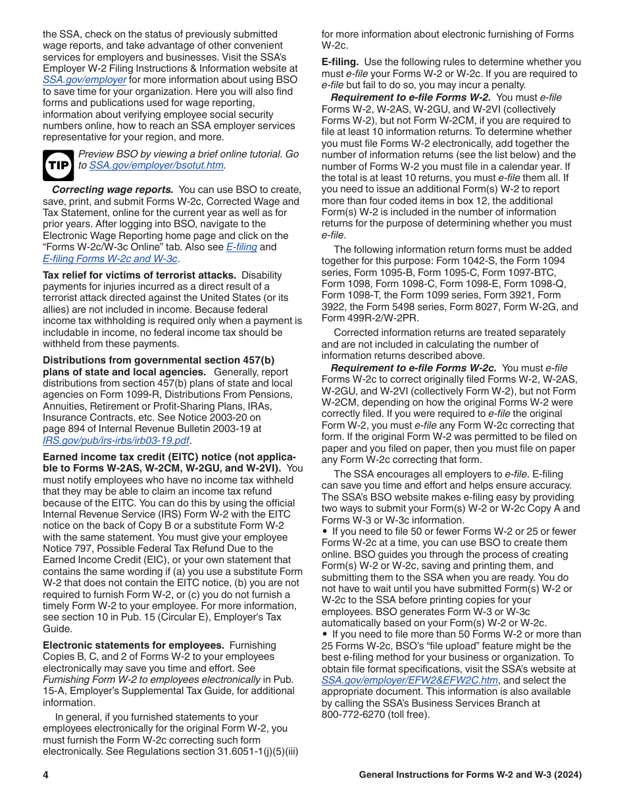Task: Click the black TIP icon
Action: pyautogui.click(x=58, y=165)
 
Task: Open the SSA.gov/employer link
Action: pyautogui.click(x=84, y=80)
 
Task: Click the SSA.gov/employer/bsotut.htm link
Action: pyautogui.click(x=157, y=166)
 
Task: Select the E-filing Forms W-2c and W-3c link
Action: pyautogui.click(x=110, y=259)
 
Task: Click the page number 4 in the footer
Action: pyautogui.click(x=46, y=775)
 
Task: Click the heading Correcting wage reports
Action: pyautogui.click(x=113, y=190)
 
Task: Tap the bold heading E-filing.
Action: pyautogui.click(x=339, y=62)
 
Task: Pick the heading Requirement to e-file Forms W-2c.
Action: pyautogui.click(x=413, y=368)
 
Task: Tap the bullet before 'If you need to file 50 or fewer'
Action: pyautogui.click(x=325, y=531)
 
